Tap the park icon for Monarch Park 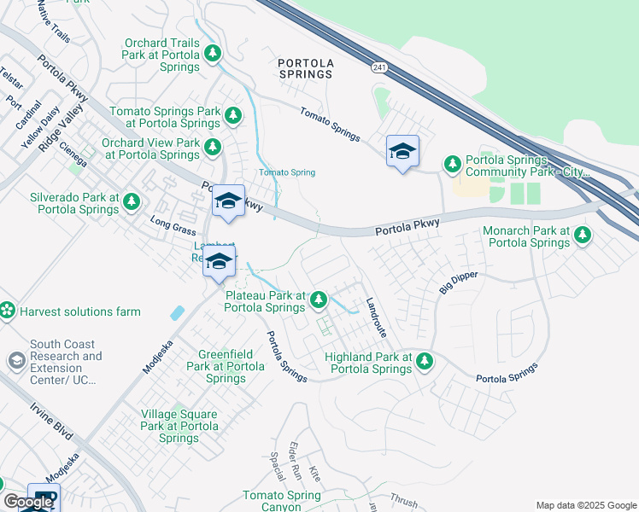pos(583,234)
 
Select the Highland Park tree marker pos(424,363)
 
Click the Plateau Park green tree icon pos(318,299)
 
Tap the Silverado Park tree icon pos(131,201)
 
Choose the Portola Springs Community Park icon pos(452,163)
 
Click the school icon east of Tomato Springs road pos(402,153)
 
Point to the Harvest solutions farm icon pos(8,311)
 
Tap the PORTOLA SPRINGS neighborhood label pos(305,68)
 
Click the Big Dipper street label pos(459,282)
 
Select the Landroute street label pos(376,317)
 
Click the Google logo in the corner pos(28,502)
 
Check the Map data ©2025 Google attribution pos(584,505)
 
